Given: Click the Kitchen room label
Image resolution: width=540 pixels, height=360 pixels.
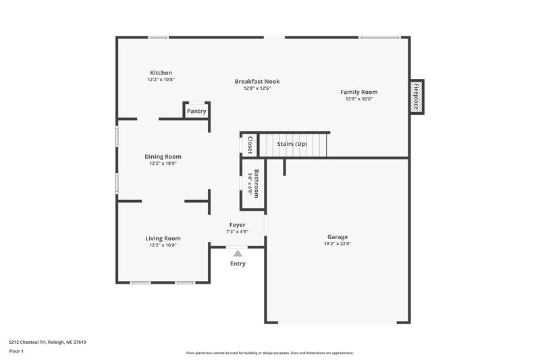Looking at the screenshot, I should [161, 72].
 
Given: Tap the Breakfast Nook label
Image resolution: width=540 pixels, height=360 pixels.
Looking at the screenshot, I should [256, 81].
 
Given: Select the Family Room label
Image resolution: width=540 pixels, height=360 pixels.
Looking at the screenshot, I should [358, 92].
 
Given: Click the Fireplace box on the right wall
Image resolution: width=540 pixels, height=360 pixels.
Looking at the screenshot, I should [416, 97].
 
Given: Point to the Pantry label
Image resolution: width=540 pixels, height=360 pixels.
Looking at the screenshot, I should [196, 111].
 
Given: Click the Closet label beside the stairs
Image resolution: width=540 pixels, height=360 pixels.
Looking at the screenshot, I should [250, 145].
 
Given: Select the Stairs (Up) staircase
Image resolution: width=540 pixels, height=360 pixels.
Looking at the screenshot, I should [294, 145].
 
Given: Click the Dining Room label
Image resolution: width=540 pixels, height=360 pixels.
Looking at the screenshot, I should [163, 156].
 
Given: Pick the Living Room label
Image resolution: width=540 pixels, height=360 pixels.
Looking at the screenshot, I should [163, 238].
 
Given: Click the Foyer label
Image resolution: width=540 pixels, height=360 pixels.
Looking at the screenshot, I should [237, 224].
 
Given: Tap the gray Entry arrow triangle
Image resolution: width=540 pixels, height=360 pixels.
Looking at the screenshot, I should [237, 253].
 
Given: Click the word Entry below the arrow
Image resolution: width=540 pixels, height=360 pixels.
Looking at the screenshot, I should [238, 263].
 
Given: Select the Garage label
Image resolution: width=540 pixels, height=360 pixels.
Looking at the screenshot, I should [337, 236].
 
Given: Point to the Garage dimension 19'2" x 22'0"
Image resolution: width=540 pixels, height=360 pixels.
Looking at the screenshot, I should [337, 244].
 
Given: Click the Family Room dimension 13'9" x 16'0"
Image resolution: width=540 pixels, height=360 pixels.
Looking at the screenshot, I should [358, 99].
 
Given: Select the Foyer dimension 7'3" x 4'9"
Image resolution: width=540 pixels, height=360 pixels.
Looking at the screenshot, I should [237, 232].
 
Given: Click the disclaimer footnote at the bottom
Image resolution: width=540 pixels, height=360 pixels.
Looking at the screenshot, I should [269, 353].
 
